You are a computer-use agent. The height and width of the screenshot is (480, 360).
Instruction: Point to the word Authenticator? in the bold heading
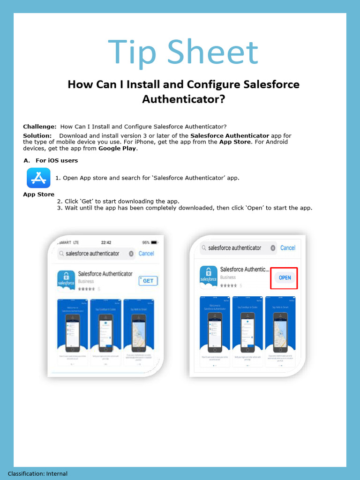pos(183,99)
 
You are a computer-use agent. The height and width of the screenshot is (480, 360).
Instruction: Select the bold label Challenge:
pos(40,127)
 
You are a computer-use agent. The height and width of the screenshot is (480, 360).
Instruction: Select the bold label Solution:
pos(37,135)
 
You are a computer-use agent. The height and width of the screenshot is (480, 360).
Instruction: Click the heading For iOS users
pos(57,160)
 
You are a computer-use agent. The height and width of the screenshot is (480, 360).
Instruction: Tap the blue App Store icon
pos(38,178)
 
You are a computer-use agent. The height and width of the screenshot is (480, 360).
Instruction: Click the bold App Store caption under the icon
pos(38,194)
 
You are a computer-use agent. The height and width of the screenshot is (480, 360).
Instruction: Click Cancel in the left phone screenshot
pos(146,254)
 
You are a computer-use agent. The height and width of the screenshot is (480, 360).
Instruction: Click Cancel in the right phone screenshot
pos(288,247)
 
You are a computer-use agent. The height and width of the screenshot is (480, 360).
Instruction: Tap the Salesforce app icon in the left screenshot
pos(66,282)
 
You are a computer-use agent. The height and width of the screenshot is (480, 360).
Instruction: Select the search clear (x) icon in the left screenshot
pos(131,254)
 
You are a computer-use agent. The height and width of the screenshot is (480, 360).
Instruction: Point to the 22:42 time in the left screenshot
pos(106,242)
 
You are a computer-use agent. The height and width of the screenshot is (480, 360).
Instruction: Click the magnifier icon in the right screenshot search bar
pos(204,247)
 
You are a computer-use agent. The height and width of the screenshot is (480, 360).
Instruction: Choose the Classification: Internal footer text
pos(37,474)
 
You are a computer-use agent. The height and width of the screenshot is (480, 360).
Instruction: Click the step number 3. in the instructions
pos(60,208)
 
